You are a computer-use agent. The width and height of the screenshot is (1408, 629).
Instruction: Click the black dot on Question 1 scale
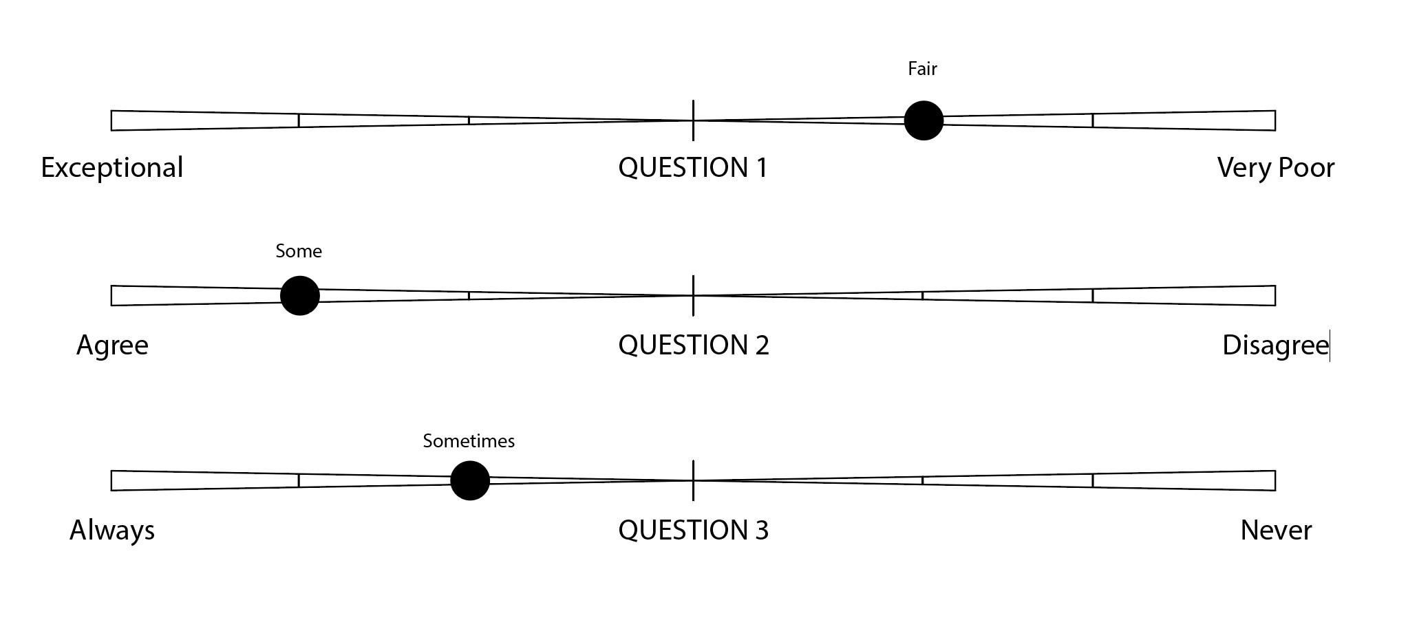(x=923, y=120)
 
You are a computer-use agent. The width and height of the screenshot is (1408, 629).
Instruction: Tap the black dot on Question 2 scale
(x=300, y=296)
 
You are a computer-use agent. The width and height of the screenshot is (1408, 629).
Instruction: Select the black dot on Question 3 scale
(x=470, y=480)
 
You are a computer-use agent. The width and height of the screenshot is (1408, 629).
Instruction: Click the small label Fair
(x=922, y=69)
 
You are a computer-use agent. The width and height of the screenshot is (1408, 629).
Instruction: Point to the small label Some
(x=299, y=251)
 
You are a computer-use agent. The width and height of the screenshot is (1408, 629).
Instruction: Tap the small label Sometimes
(x=469, y=440)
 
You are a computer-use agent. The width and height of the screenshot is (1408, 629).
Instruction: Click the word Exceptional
(x=112, y=168)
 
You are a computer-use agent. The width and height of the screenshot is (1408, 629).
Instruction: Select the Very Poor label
(x=1276, y=168)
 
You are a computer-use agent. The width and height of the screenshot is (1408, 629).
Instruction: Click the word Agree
(x=112, y=345)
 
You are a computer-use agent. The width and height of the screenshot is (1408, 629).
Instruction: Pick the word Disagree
(x=1274, y=345)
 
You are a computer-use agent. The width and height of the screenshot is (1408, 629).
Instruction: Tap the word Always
(x=112, y=530)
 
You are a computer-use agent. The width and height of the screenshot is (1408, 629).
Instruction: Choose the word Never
(x=1276, y=530)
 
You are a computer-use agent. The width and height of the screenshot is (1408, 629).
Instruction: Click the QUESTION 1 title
(x=693, y=168)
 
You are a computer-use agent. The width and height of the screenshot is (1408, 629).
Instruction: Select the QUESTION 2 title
(x=693, y=345)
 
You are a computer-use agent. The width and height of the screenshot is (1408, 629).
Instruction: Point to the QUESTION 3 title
(x=693, y=530)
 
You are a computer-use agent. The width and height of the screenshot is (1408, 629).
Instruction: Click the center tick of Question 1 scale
(x=693, y=120)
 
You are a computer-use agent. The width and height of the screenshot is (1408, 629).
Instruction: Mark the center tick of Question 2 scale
(x=693, y=296)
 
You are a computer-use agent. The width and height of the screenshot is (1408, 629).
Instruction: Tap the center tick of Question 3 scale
(x=693, y=480)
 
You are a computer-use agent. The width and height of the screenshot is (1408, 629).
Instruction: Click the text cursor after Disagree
(x=1330, y=345)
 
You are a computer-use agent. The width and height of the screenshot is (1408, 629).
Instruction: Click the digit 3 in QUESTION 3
(x=761, y=530)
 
